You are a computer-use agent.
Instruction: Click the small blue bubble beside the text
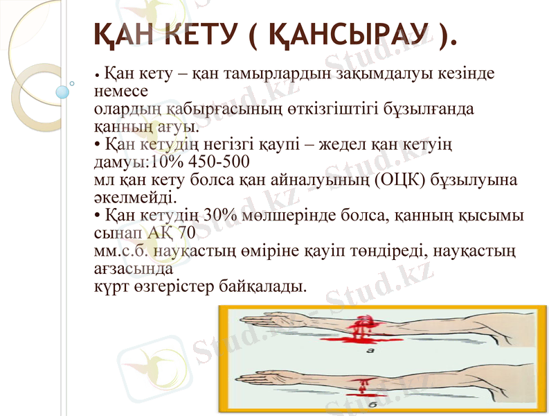pos(64,91)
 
